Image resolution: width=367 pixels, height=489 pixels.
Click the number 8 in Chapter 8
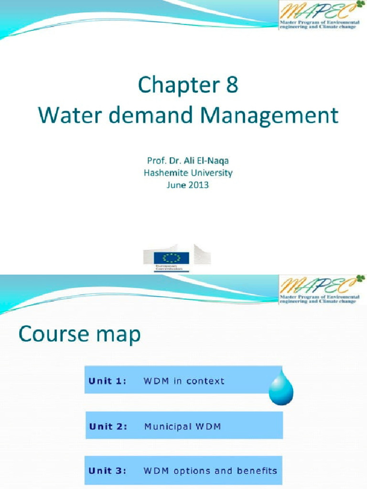[228, 86]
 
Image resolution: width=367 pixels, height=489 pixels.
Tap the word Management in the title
[274, 116]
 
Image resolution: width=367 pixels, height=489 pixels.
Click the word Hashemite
[167, 173]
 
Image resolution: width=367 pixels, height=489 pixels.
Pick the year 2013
[198, 185]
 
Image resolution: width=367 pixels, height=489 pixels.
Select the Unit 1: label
[108, 381]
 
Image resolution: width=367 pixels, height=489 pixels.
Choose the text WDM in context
[184, 381]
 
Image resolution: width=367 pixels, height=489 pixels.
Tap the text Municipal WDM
[183, 426]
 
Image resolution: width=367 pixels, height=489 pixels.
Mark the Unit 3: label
[108, 470]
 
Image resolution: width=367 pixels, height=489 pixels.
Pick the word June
[176, 185]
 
